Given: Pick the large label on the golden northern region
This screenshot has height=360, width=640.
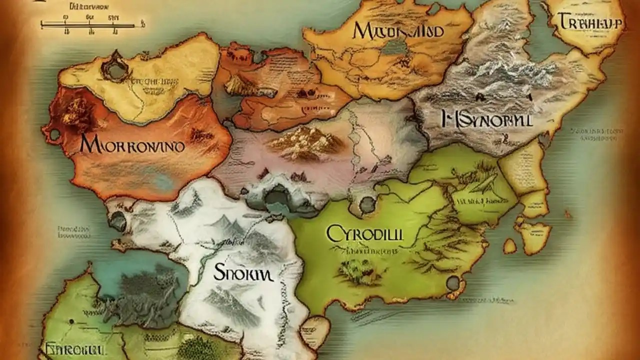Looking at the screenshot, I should (x=398, y=30).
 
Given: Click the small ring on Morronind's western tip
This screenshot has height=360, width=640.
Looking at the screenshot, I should (x=53, y=134).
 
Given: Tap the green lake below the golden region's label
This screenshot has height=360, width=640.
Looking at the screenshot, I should (x=394, y=47).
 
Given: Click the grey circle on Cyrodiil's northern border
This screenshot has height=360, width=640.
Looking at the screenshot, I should (x=367, y=203).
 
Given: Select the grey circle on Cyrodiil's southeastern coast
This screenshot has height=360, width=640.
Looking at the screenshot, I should (x=453, y=283).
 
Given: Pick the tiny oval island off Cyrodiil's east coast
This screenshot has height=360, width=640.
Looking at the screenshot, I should (x=509, y=245).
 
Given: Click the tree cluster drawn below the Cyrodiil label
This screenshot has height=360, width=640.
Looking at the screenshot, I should (x=356, y=270).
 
